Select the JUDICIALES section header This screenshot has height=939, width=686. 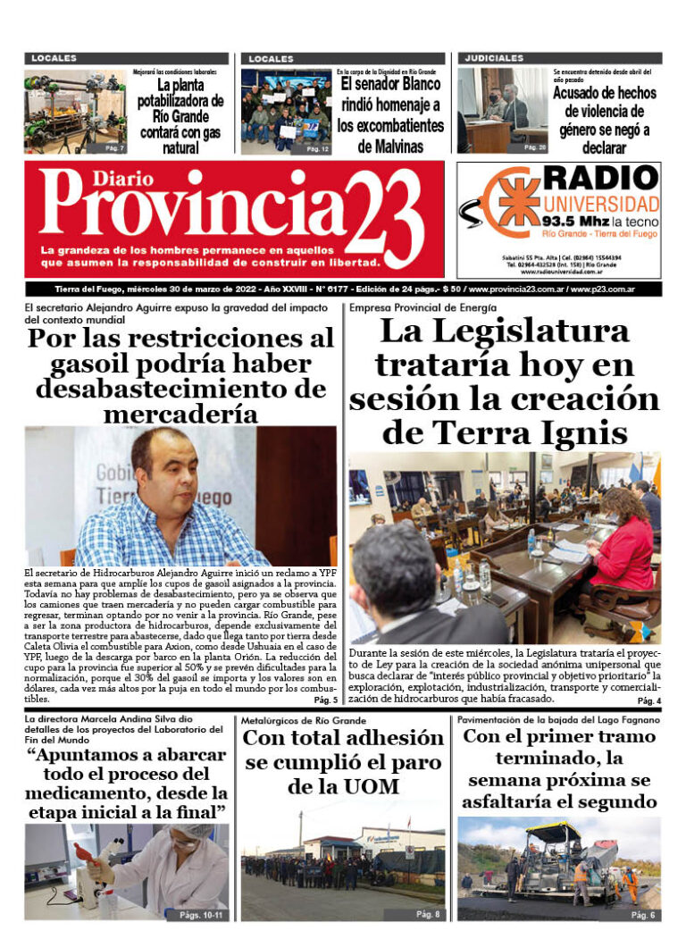pyautogui.click(x=493, y=58)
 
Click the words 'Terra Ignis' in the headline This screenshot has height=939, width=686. pyautogui.click(x=504, y=432)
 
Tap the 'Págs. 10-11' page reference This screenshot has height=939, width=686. pyautogui.click(x=201, y=916)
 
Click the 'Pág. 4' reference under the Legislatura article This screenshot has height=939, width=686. pyautogui.click(x=648, y=701)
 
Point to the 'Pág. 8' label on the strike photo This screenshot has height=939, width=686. pyautogui.click(x=428, y=915)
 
